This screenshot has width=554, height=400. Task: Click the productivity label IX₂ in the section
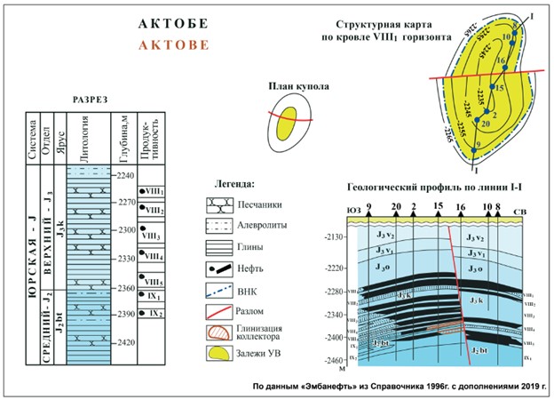[x=154, y=314]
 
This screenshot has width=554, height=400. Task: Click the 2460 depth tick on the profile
[x=334, y=361]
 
